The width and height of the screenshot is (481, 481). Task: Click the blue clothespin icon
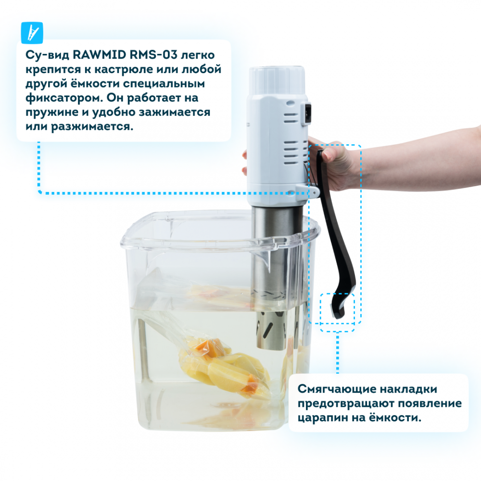coord(32,33)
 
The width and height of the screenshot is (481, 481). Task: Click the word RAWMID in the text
coord(100,55)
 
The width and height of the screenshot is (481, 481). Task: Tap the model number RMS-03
coord(154,55)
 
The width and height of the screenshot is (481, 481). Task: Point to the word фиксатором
coord(64,98)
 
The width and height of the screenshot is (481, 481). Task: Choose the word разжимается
coord(92,127)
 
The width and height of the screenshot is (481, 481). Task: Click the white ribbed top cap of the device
coord(277,81)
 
